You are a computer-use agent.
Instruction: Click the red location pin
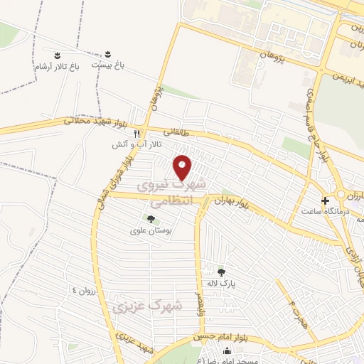coord(183,167)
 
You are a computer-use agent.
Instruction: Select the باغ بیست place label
coord(111,65)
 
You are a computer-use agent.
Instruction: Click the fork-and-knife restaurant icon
coord(136,133)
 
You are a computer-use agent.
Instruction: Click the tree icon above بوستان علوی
coord(150,218)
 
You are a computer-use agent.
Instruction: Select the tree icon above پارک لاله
coord(221,272)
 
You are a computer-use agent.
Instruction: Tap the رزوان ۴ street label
coord(83,290)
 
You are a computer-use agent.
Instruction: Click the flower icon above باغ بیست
coord(108,54)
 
